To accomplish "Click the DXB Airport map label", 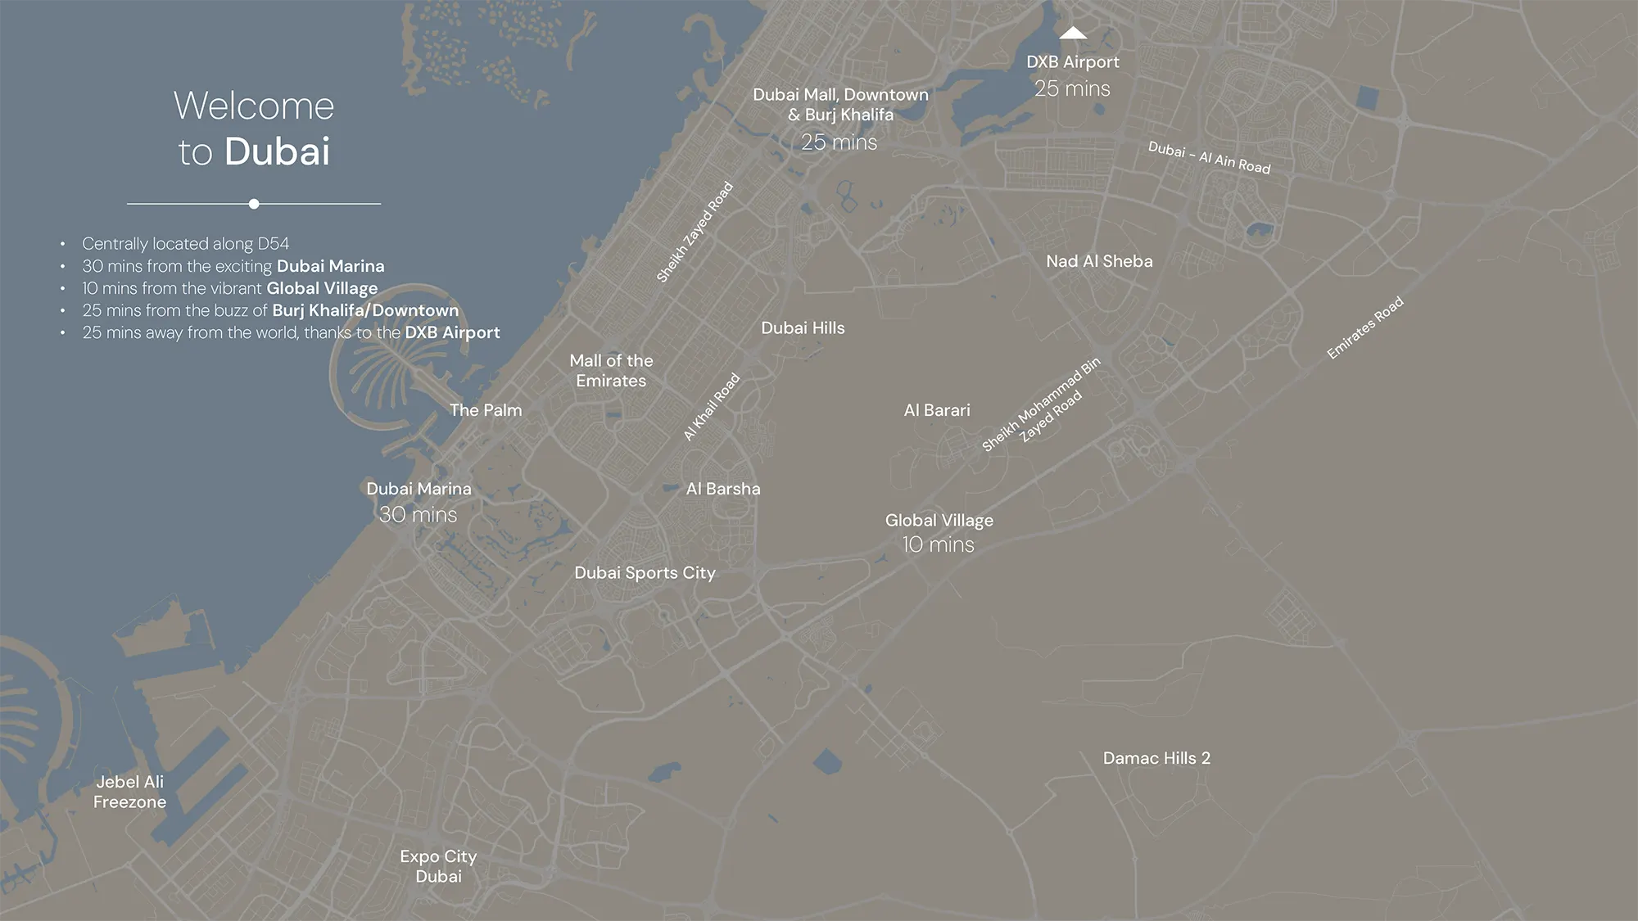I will click(1072, 62).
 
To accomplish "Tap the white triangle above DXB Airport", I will click(1073, 34).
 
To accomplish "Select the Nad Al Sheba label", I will click(1099, 261).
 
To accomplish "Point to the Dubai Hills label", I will click(803, 328).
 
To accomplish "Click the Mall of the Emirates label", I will click(611, 371).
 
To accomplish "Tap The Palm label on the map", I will click(486, 410).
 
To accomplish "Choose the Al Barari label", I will click(936, 410).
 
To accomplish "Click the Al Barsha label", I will click(723, 489).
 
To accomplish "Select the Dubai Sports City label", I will click(645, 573).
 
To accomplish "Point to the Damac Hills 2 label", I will click(1156, 758).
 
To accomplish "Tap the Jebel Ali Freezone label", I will click(129, 792).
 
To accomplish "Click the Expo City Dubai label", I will click(438, 866).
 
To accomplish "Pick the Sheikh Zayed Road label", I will click(695, 233).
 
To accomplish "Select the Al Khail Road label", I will click(711, 407).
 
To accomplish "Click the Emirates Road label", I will click(1364, 327).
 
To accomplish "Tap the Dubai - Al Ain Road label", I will click(1209, 158).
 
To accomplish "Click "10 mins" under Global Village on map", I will click(938, 545).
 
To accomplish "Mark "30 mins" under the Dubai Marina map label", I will click(418, 515).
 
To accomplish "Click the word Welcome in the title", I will click(254, 106).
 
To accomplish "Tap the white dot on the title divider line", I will click(254, 204).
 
